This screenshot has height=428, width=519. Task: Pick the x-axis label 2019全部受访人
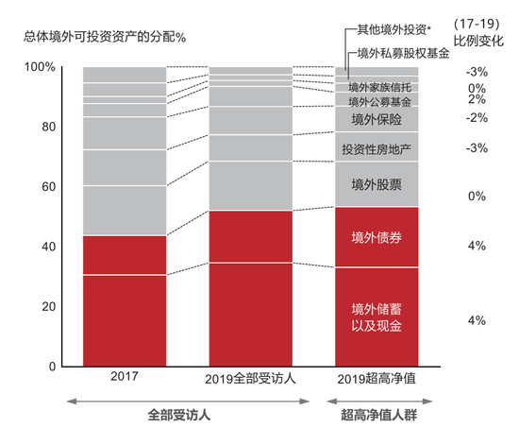click(249, 379)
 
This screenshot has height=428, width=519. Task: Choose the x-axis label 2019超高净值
click(377, 379)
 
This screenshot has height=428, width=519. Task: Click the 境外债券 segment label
click(377, 237)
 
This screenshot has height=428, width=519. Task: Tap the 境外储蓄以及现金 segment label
click(377, 317)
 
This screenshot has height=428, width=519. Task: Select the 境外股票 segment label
click(377, 183)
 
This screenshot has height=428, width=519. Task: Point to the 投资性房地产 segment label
click(377, 148)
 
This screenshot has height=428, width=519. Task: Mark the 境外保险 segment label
click(377, 119)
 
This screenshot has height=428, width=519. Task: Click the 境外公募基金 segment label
click(377, 101)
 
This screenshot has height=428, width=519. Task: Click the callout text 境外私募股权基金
click(404, 54)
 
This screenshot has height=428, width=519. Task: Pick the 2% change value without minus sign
click(476, 99)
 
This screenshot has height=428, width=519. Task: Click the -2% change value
click(476, 118)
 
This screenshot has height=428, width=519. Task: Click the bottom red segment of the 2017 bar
click(125, 320)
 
